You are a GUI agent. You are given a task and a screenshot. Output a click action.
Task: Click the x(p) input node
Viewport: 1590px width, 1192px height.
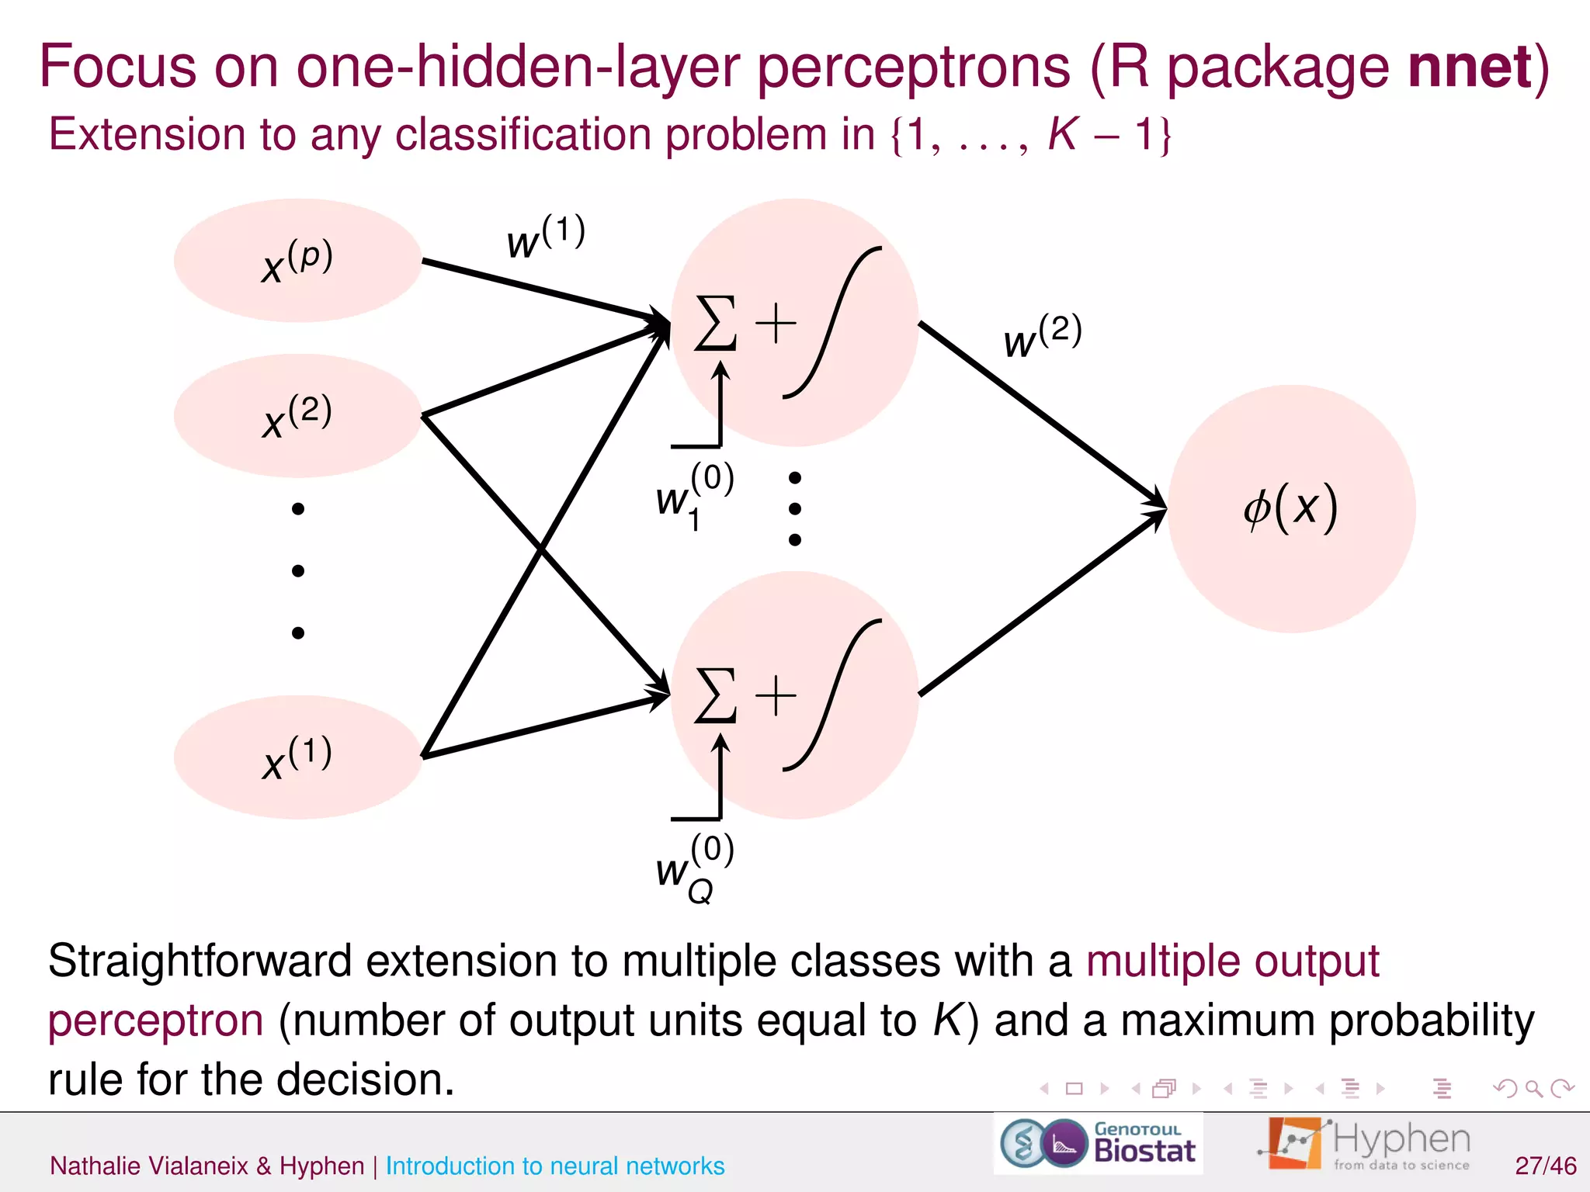coord(297,261)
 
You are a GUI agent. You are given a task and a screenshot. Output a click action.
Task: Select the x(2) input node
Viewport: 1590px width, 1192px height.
coord(297,416)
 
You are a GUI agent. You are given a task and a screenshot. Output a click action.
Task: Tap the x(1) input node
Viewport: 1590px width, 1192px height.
coord(297,757)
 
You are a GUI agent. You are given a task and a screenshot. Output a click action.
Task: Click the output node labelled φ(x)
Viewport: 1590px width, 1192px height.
coord(1291,508)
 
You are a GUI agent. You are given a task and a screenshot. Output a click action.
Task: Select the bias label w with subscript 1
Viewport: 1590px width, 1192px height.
coord(693,495)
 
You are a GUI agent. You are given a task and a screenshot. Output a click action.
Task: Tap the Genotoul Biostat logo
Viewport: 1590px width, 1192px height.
coord(1098,1144)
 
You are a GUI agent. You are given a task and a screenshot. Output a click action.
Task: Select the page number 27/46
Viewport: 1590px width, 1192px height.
coord(1545,1166)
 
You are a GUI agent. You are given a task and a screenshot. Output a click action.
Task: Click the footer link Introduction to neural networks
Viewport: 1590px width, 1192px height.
coord(554,1166)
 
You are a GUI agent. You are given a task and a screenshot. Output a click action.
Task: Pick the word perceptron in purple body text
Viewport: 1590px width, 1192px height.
coord(155,1020)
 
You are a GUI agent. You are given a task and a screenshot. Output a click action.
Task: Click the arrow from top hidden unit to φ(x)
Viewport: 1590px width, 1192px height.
coord(1040,414)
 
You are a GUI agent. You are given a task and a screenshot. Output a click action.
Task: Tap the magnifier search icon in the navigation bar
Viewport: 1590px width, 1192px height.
coord(1533,1089)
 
